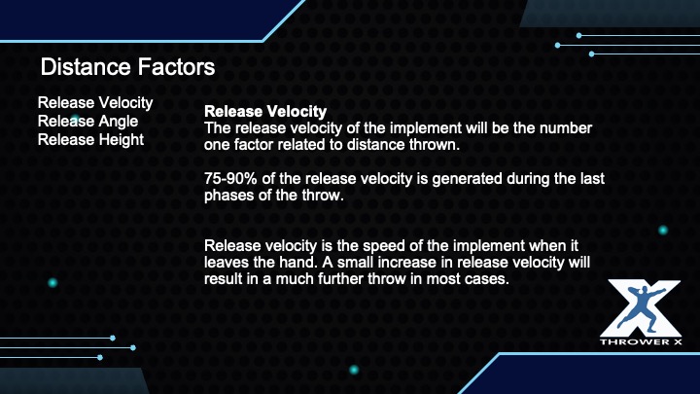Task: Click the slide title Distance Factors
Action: point(127,67)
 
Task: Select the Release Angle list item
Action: point(87,122)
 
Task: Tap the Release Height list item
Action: point(90,140)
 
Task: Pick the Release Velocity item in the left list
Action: point(95,103)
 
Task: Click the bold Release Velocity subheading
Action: point(265,111)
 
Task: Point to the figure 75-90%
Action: point(230,179)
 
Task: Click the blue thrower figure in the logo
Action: point(641,309)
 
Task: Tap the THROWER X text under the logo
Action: point(641,342)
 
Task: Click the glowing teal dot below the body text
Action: point(354,370)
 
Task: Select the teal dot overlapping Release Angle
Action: point(75,120)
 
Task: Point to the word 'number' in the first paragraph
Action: point(566,128)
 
